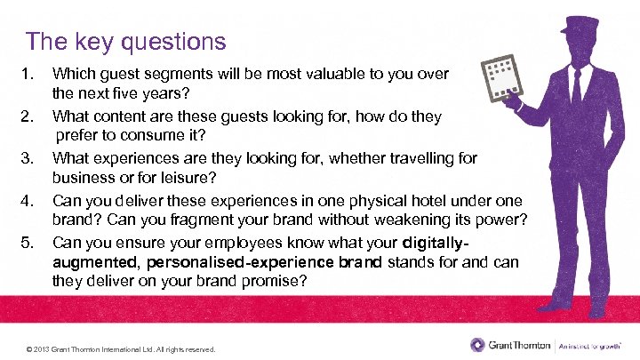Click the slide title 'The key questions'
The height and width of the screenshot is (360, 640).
pyautogui.click(x=125, y=41)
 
